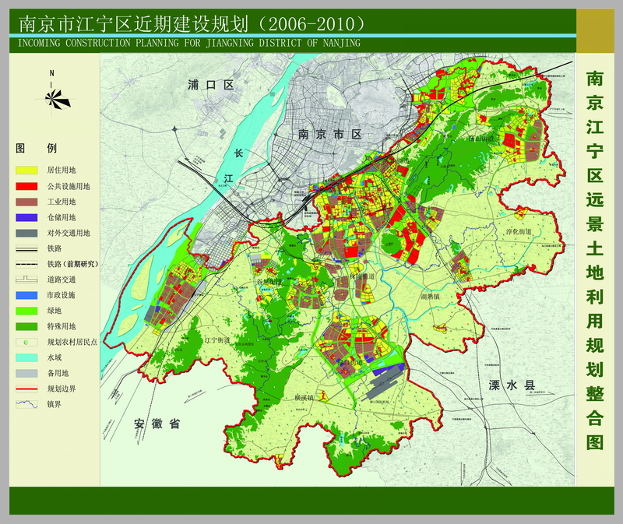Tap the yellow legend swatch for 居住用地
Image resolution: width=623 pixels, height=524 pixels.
(x=27, y=169)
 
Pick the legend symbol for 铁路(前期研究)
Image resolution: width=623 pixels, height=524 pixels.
(x=27, y=263)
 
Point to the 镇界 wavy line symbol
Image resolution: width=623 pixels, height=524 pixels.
(x=27, y=404)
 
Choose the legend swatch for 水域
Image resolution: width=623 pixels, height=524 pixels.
(x=27, y=357)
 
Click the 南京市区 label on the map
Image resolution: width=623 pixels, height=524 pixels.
(x=331, y=135)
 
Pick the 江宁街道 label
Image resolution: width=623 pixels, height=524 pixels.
(x=218, y=340)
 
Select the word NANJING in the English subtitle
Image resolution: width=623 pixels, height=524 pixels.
(x=338, y=43)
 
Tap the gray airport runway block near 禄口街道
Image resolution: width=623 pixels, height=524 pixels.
(x=387, y=382)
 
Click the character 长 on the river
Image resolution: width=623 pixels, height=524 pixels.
(x=240, y=154)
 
